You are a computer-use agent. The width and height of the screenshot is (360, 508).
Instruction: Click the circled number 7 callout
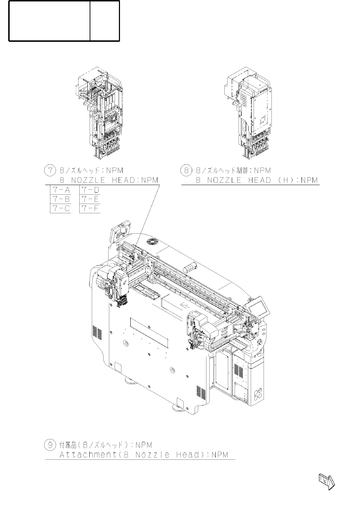49,171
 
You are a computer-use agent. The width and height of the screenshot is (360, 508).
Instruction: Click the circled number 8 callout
186,171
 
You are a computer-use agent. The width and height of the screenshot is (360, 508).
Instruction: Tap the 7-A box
61,190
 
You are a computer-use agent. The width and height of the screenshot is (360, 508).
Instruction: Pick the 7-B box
61,199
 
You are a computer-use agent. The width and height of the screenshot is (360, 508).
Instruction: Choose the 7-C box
61,209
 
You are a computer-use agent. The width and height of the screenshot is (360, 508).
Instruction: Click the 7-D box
90,190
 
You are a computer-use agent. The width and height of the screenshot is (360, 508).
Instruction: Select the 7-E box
90,199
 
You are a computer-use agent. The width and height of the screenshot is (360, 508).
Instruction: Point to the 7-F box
90,209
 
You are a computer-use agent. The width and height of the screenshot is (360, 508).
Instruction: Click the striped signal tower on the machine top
191,268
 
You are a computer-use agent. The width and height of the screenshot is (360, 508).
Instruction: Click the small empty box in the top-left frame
105,21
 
